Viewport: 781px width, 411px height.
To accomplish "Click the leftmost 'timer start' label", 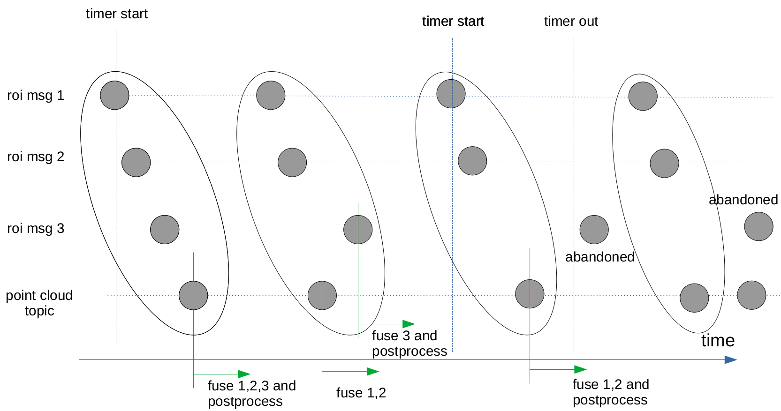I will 116,14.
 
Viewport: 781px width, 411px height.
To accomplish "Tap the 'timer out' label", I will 571,22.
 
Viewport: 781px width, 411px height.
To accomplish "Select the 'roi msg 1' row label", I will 36,96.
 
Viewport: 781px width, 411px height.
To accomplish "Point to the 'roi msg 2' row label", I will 36,157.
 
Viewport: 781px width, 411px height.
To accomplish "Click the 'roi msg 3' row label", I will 36,229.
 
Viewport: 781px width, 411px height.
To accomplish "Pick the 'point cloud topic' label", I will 39,303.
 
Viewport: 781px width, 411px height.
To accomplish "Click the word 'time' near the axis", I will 718,341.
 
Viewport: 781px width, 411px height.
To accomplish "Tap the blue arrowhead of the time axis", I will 730,360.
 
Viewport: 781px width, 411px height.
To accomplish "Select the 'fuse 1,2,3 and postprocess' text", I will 251,394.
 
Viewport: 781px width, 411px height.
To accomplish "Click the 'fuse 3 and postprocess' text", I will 409,343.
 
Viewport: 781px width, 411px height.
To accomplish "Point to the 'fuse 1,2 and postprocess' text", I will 611,392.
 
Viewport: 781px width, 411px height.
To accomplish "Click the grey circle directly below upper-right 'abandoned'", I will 758,227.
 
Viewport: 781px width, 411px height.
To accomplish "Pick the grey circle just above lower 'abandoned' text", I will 594,230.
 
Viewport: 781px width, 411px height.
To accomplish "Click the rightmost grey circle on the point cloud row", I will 751,295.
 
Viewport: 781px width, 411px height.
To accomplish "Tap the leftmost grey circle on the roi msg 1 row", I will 114,95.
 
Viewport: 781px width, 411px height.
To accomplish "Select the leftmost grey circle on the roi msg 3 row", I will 165,230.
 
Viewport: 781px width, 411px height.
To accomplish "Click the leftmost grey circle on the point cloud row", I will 193,296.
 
